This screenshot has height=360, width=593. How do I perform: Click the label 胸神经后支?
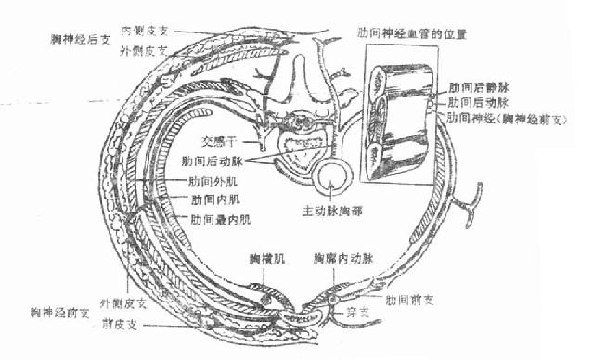pyautogui.click(x=82, y=40)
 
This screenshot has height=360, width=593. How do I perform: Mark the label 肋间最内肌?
pyautogui.click(x=220, y=219)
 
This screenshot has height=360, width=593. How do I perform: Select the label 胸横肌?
pyautogui.click(x=265, y=255)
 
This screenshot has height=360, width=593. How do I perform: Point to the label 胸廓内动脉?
pyautogui.click(x=343, y=255)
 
